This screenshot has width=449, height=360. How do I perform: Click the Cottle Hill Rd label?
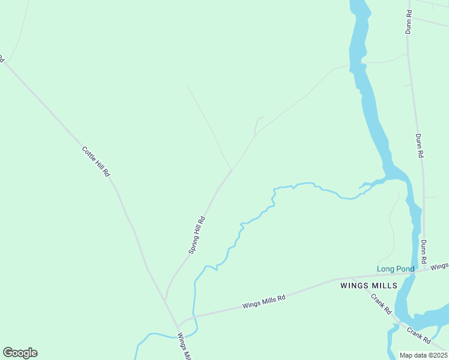(x=96, y=161)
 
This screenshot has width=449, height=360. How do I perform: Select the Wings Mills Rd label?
(x=264, y=301)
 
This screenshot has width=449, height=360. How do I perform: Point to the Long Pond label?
(x=396, y=269)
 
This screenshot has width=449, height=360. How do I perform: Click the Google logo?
(x=20, y=353)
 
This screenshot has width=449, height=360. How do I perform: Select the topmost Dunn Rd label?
(x=408, y=21)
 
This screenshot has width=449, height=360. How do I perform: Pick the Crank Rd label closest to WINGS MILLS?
(x=381, y=304)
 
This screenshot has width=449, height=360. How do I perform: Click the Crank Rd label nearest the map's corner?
(x=418, y=335)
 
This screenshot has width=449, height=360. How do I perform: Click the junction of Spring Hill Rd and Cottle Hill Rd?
(x=166, y=298)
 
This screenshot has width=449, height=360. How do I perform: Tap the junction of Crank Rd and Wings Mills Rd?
(x=367, y=277)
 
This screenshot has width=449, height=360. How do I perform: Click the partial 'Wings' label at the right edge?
(x=439, y=266)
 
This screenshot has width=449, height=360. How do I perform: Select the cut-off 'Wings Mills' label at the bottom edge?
(x=184, y=347)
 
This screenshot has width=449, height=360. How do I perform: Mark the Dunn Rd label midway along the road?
(x=420, y=145)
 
